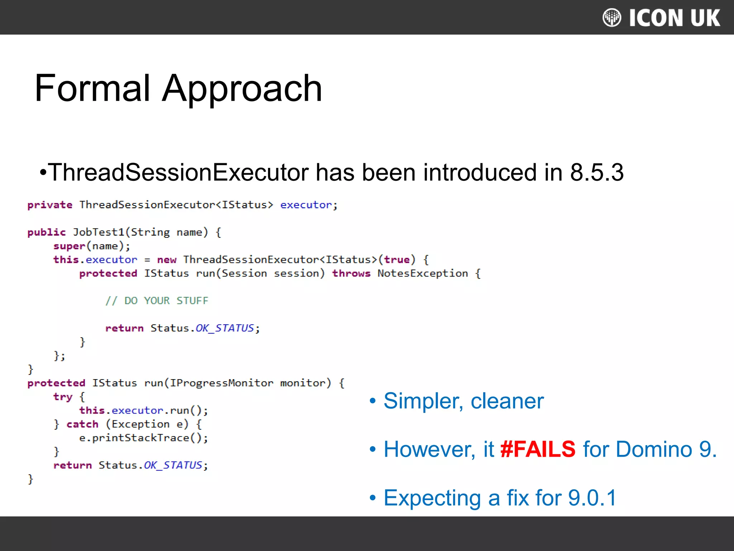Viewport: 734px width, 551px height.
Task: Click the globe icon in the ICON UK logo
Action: coord(612,18)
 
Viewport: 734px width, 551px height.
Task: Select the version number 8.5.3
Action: coord(597,173)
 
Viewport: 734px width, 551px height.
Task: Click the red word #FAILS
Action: coord(538,449)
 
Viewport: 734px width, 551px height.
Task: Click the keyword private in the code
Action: coord(50,205)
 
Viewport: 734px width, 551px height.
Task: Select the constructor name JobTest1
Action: coord(99,232)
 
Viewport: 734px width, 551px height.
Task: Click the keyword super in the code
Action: coord(69,246)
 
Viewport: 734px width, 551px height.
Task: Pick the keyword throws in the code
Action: coord(351,274)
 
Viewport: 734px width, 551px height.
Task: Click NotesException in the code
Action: coord(423,274)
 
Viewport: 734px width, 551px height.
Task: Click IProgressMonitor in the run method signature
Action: coord(221,383)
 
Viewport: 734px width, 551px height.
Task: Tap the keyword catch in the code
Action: coord(82,424)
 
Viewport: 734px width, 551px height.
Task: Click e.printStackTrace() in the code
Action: coord(143,438)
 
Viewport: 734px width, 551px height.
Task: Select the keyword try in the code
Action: coord(63,397)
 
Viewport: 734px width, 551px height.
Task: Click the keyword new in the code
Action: coord(167,260)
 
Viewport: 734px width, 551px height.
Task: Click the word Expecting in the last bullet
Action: coord(432,498)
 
